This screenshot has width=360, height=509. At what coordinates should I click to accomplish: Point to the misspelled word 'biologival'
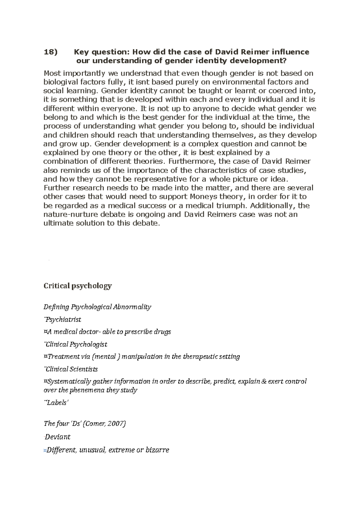point(61,82)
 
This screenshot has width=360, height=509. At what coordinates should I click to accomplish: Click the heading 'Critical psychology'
point(78,286)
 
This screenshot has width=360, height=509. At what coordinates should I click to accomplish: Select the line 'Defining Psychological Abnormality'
point(97,307)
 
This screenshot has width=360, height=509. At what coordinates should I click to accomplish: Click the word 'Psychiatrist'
point(63,320)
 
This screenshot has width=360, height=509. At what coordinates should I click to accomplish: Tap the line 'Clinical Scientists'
point(71,369)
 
